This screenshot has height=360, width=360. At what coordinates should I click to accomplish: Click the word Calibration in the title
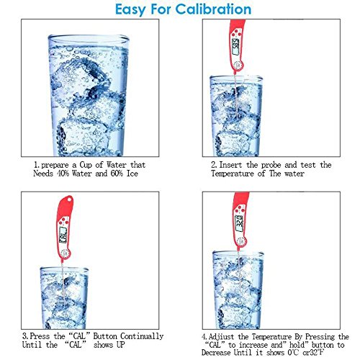coord(213,9)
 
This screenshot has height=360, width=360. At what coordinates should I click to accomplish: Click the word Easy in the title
coord(130,10)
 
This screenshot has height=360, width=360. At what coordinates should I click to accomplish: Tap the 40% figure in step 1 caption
coord(63,174)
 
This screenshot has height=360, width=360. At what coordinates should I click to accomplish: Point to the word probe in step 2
coord(271,166)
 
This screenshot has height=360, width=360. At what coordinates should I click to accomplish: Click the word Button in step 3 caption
coord(105,336)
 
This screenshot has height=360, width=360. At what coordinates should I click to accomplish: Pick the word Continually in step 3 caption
coord(142,336)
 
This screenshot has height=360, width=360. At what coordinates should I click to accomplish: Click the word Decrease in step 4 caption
coord(217,353)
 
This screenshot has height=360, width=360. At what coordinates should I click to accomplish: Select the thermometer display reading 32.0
coord(240,223)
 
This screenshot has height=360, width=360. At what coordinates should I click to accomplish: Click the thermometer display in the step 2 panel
coord(235,46)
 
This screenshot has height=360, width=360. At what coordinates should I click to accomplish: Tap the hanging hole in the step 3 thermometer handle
coord(70,199)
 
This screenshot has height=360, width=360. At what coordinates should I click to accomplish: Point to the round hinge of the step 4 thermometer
coord(241,242)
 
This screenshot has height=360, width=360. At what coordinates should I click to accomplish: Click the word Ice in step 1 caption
coord(132,174)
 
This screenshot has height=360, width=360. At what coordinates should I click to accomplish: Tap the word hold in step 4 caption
coord(297,345)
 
